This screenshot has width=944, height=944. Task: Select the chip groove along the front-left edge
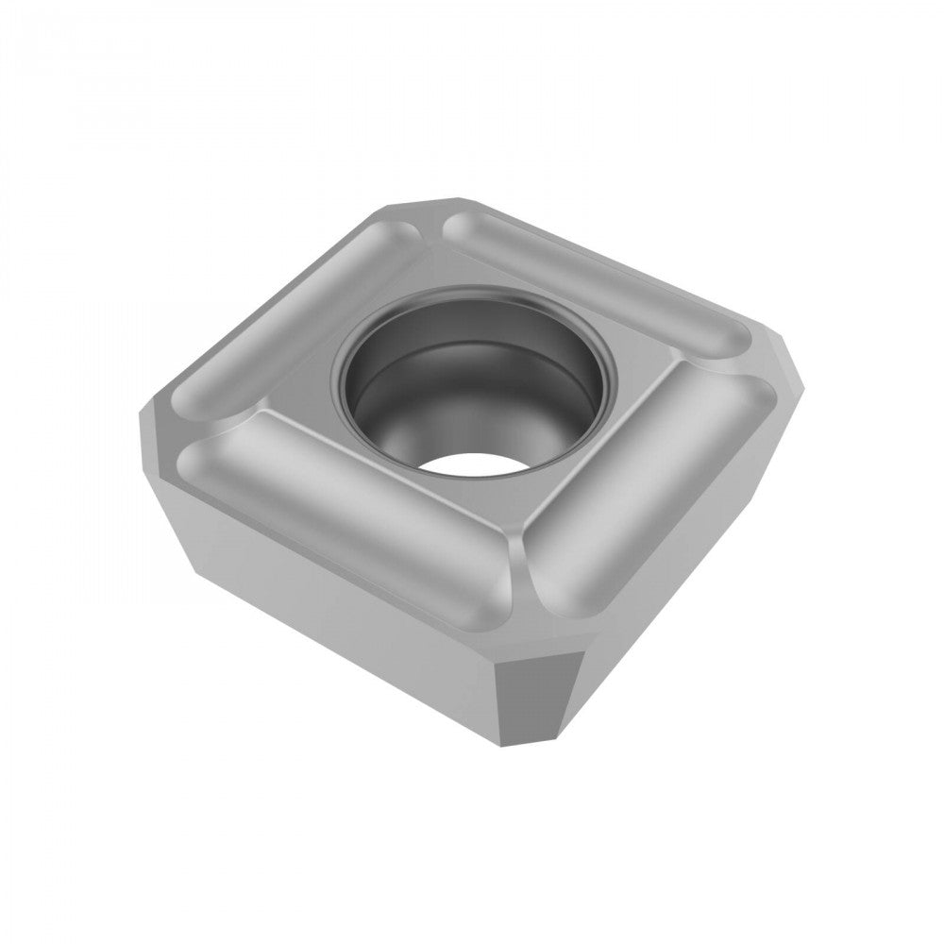coord(340,491)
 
